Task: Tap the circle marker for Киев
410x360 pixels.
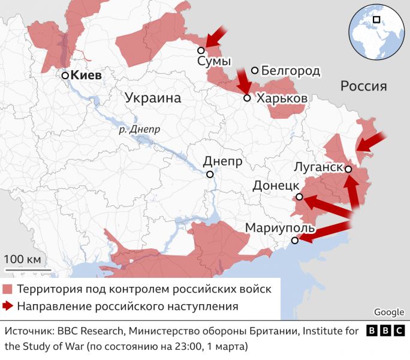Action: point(65,76)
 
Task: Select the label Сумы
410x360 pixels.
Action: point(214,62)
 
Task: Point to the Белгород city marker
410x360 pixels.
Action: point(255,71)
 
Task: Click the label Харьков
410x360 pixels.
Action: point(282,98)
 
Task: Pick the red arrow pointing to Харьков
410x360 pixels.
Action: point(243,80)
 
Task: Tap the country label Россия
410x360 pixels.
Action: point(363,86)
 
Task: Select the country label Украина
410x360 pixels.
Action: point(153,98)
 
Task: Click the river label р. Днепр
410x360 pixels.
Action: point(140,129)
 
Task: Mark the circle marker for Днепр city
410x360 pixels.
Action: point(210,175)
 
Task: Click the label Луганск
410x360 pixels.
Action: point(318,167)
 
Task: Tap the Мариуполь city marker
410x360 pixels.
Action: point(294,241)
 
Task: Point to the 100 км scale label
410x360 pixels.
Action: point(23,259)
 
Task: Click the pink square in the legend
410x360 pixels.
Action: point(8,289)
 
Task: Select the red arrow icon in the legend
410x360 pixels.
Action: point(8,307)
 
